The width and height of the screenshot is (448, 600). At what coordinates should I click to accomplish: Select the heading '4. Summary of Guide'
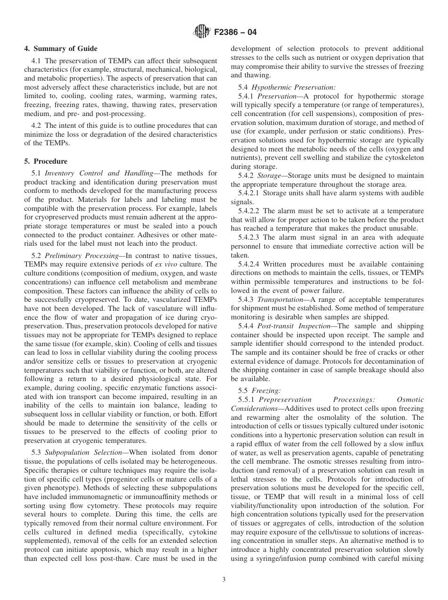coord(61,49)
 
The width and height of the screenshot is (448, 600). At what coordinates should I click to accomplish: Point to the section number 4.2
coord(37,125)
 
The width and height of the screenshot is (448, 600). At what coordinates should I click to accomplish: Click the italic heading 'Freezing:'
coord(266,390)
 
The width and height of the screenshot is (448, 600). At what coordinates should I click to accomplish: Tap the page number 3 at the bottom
coord(224,580)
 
